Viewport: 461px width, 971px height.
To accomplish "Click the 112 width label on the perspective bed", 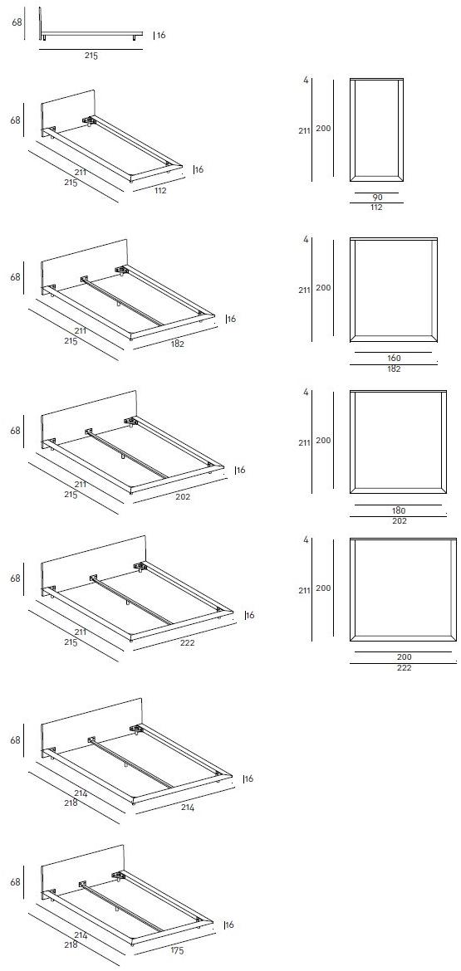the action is point(160,191).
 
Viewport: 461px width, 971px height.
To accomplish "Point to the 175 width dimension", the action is point(177,950).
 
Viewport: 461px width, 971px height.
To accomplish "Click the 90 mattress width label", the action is point(377,197).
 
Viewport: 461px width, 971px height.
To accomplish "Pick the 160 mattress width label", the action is point(394,358).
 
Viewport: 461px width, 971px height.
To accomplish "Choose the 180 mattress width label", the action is point(399,511).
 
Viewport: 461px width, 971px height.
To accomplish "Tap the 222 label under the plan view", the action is point(404,667).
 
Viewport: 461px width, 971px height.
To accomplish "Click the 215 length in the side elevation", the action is point(91,56).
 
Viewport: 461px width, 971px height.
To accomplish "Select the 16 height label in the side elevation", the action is point(161,36).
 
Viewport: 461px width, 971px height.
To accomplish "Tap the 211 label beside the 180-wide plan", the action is point(304,443).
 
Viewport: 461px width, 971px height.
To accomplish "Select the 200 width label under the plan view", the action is point(404,656).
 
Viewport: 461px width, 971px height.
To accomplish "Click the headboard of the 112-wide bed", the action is point(68,111).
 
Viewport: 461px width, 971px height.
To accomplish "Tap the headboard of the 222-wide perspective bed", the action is point(93,563).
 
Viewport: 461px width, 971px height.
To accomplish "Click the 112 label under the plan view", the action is point(376,207).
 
